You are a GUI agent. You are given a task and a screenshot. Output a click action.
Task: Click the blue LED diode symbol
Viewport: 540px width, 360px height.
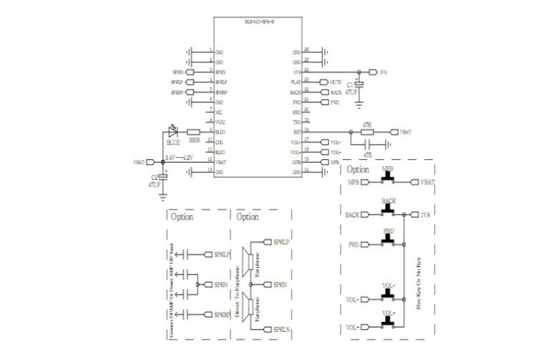(x=173, y=132)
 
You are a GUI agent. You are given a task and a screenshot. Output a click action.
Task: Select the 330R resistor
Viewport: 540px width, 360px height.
(x=193, y=132)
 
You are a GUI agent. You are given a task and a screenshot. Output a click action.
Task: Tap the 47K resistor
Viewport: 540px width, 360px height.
(x=367, y=132)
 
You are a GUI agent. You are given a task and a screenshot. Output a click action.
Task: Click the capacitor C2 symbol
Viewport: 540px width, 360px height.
(x=164, y=176)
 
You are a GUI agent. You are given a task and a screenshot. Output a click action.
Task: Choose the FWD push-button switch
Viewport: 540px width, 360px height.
(x=389, y=238)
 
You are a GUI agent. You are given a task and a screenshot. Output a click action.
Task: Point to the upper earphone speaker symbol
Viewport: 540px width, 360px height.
(x=248, y=256)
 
